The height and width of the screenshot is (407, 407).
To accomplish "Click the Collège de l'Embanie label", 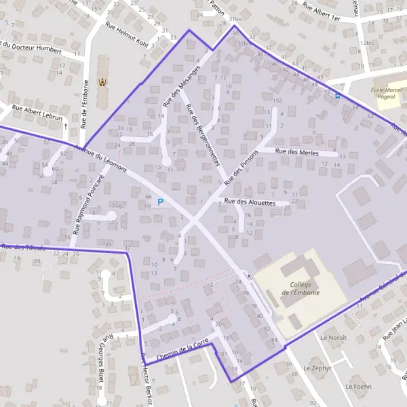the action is coord(304,288).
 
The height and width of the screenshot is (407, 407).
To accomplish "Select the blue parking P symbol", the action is coord(160,201).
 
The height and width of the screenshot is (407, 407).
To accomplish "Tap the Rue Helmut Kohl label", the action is coord(127,32).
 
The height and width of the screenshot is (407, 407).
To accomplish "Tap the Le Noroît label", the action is coord(333,337).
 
